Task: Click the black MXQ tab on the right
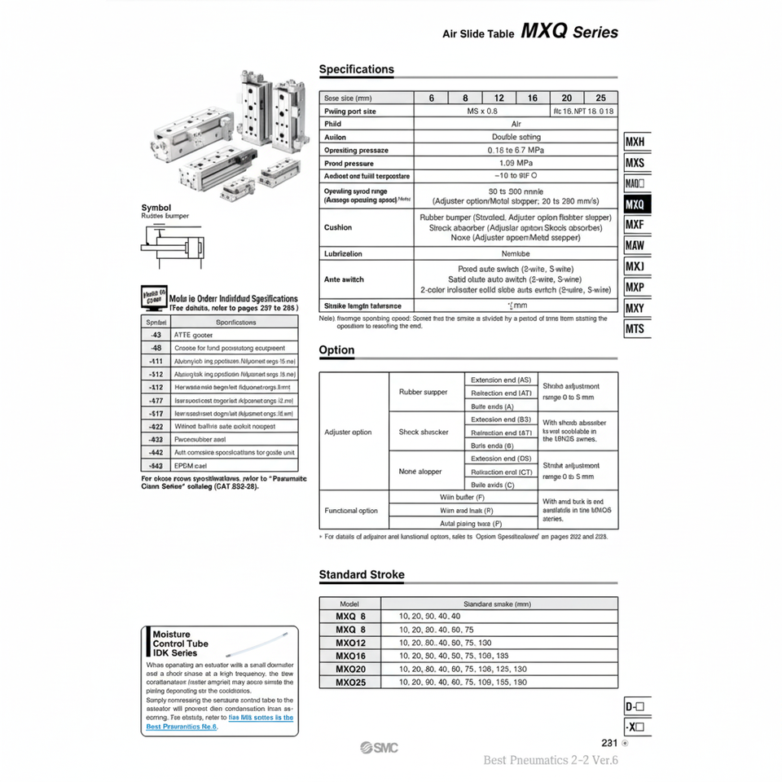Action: tap(635, 204)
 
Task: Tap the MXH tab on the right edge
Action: tap(635, 142)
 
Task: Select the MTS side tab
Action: tap(635, 329)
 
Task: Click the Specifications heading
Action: tap(356, 70)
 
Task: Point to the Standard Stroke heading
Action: tap(361, 575)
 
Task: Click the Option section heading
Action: tap(336, 350)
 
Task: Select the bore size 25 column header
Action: tap(600, 98)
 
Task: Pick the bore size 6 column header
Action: tap(431, 98)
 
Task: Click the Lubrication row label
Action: tap(343, 254)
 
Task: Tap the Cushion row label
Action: tap(338, 228)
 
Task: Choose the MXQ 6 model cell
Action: tap(351, 617)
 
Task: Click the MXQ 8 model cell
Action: tap(351, 630)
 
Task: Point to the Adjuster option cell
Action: tap(348, 433)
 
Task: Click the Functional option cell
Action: tap(351, 511)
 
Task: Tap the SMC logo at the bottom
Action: tap(379, 748)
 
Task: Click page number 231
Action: tap(609, 743)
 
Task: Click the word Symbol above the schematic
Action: tap(156, 208)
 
